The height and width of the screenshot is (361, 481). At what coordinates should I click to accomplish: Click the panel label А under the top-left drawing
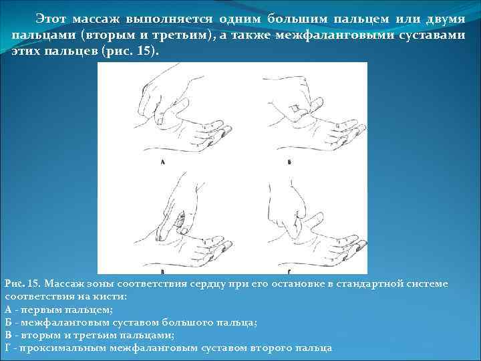163,163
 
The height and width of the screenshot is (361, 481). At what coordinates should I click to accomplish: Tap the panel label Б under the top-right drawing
289,162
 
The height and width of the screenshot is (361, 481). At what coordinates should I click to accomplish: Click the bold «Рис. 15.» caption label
24,284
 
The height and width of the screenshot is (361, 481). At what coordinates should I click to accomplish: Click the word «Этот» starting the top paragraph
50,15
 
